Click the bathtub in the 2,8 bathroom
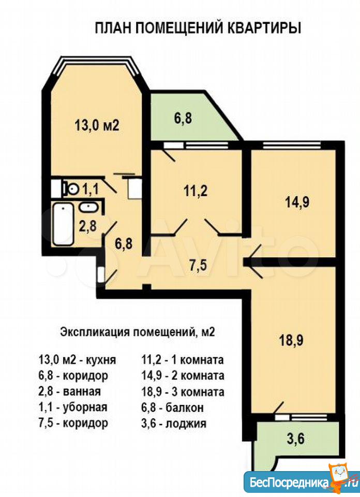tap(63, 224)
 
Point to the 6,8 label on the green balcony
tap(183, 119)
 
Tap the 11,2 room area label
tap(196, 191)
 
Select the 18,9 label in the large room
tap(291, 341)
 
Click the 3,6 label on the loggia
tap(296, 440)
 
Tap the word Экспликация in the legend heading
tap(94, 333)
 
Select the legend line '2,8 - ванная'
tap(69, 391)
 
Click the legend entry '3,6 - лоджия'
tap(173, 423)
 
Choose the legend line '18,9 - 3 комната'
tap(183, 392)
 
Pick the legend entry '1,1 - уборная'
tap(72, 407)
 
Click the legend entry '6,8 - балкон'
tap(172, 407)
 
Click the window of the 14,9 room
tap(292, 145)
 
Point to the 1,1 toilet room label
tap(91, 189)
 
